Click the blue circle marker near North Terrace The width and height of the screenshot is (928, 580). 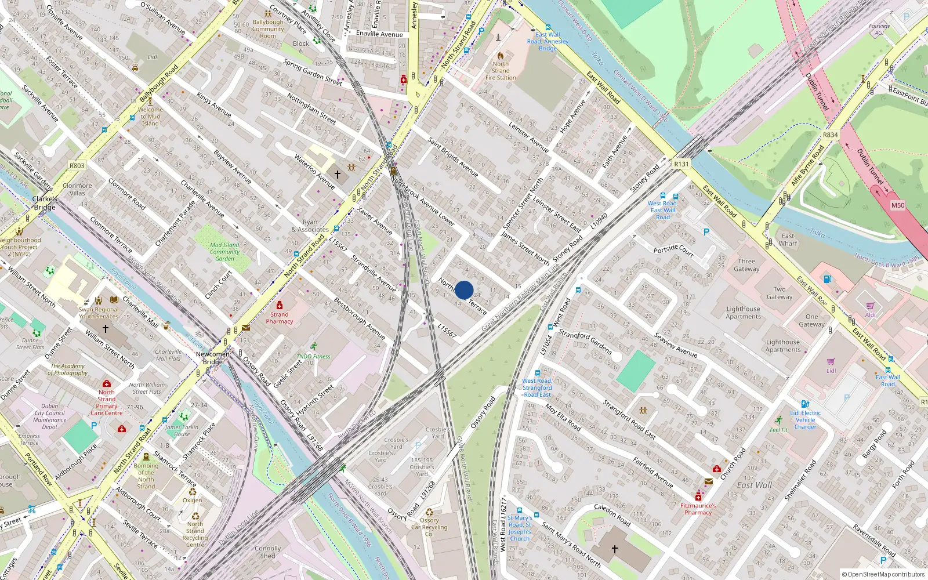click(x=464, y=290)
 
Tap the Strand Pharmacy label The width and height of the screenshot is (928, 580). click(x=279, y=318)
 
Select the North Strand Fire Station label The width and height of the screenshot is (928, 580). click(x=501, y=71)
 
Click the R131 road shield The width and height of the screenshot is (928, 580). click(x=681, y=164)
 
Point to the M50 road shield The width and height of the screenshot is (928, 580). click(x=897, y=205)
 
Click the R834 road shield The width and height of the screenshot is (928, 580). click(x=830, y=135)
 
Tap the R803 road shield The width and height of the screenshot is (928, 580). click(x=77, y=166)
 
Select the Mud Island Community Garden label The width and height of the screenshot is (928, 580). click(x=224, y=252)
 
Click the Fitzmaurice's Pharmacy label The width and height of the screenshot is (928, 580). click(x=698, y=509)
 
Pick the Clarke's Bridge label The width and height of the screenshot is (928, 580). click(x=44, y=203)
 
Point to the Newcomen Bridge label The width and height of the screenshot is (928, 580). click(x=212, y=358)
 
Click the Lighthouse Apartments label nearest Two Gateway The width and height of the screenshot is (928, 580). click(x=743, y=313)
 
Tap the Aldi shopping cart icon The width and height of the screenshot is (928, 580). click(x=870, y=306)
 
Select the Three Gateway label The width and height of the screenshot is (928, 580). click(x=746, y=265)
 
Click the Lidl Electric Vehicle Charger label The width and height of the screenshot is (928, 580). click(x=805, y=420)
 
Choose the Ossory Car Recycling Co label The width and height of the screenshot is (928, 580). click(x=429, y=527)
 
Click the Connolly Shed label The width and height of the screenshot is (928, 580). click(x=267, y=552)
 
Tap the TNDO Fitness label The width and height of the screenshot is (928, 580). click(x=313, y=357)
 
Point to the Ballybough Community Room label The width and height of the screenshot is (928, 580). click(x=268, y=29)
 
